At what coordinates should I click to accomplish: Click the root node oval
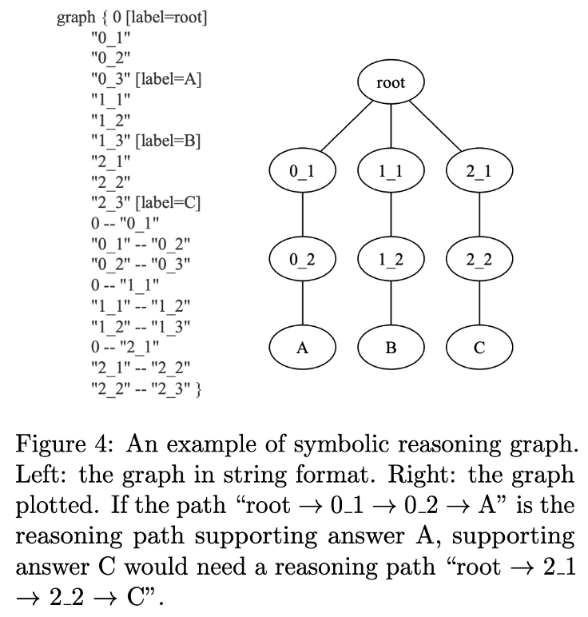coord(391,82)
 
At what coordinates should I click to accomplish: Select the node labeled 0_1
coord(302,171)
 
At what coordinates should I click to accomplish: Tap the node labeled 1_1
coord(391,171)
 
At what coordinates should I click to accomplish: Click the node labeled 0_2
coord(302,260)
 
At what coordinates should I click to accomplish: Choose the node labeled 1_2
coord(391,260)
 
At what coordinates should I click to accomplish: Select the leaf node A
coord(302,348)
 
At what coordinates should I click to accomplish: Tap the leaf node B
coord(391,348)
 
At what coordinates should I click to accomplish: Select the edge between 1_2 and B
coord(391,305)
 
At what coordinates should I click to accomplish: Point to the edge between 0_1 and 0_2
coord(302,216)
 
